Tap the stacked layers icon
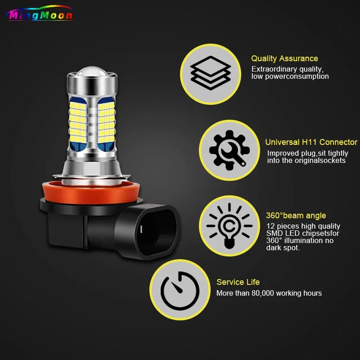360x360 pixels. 211,73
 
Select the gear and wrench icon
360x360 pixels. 229,150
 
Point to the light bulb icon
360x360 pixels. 229,226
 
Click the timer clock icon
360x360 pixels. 180,291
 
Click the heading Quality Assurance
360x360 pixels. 284,58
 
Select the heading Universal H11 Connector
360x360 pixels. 311,142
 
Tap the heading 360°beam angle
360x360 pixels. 296,216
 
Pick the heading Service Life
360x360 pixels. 238,282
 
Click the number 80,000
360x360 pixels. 263,293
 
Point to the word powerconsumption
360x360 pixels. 297,76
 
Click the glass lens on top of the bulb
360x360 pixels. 92,72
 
